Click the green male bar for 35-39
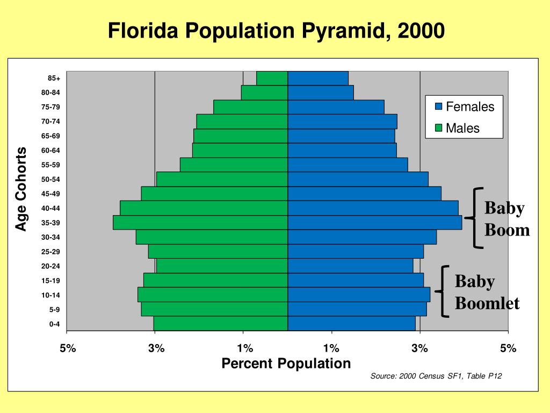pyautogui.click(x=200, y=222)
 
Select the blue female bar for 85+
pyautogui.click(x=317, y=78)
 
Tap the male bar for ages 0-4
pyautogui.click(x=220, y=323)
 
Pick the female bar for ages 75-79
pyautogui.click(x=336, y=106)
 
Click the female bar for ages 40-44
pyautogui.click(x=373, y=208)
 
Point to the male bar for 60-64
pyautogui.click(x=240, y=150)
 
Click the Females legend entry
pyautogui.click(x=469, y=106)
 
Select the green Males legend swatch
pyautogui.click(x=438, y=129)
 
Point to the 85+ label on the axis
pyautogui.click(x=54, y=78)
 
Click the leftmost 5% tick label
pyautogui.click(x=68, y=348)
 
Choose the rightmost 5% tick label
pyautogui.click(x=508, y=348)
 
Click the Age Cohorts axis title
pyautogui.click(x=21, y=189)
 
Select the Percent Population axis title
pyautogui.click(x=286, y=364)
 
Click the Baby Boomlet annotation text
pyautogui.click(x=487, y=293)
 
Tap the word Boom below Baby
pyautogui.click(x=507, y=231)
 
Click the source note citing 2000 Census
pyautogui.click(x=436, y=376)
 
